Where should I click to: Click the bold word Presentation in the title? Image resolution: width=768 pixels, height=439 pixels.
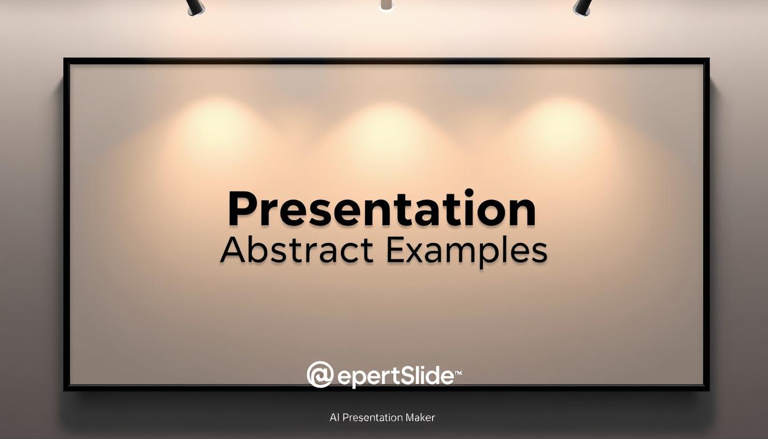tap(382, 210)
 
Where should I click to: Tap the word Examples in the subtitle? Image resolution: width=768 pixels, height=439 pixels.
tap(466, 252)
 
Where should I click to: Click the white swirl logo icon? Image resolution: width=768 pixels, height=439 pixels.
tap(320, 375)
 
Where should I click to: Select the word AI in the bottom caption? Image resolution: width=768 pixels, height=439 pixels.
tap(335, 417)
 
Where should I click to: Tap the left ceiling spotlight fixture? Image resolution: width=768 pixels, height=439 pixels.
tap(195, 6)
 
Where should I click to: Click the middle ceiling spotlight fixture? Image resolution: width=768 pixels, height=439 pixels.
tap(386, 5)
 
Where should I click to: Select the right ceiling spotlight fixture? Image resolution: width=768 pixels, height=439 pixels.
tap(582, 6)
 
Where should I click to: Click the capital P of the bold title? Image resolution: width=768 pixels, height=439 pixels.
tap(241, 210)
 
